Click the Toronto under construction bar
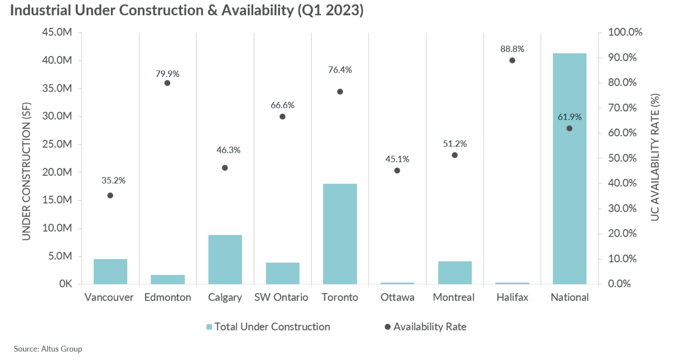pyautogui.click(x=340, y=234)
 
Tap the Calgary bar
pyautogui.click(x=225, y=259)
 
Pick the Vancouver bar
pyautogui.click(x=110, y=271)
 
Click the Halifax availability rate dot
pyautogui.click(x=512, y=60)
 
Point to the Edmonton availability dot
pyautogui.click(x=167, y=83)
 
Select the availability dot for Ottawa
pyautogui.click(x=397, y=170)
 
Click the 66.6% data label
pyautogui.click(x=282, y=105)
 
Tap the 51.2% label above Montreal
pyautogui.click(x=455, y=144)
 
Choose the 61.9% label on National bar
pyautogui.click(x=569, y=117)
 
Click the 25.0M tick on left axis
pyautogui.click(x=57, y=144)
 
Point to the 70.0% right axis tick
pyautogui.click(x=622, y=108)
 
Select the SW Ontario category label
pyautogui.click(x=281, y=297)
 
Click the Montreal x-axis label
pyautogui.click(x=454, y=297)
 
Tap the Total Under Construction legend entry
pyautogui.click(x=268, y=327)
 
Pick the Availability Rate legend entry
pyautogui.click(x=426, y=327)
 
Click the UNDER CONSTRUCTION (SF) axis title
pyautogui.click(x=26, y=171)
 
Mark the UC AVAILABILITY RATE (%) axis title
pyautogui.click(x=655, y=157)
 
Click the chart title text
pyautogui.click(x=187, y=10)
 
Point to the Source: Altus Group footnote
pyautogui.click(x=48, y=349)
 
